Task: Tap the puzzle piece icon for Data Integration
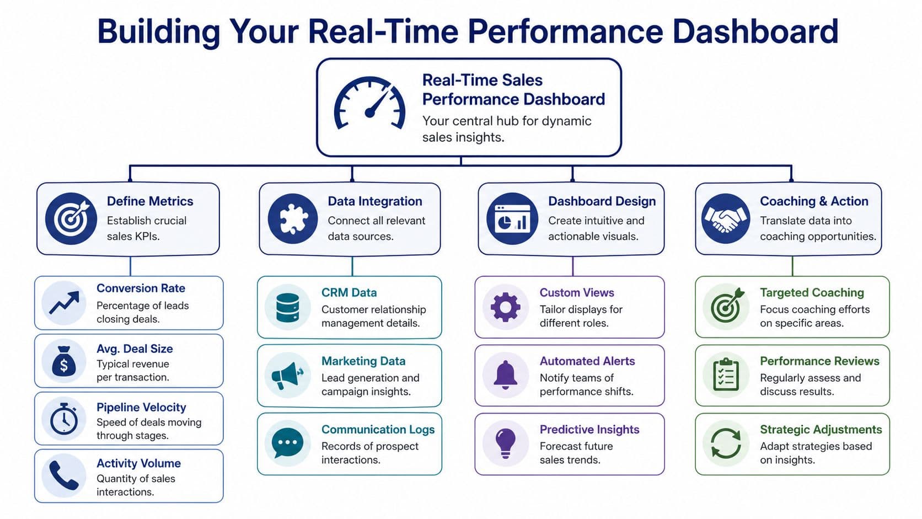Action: pyautogui.click(x=292, y=219)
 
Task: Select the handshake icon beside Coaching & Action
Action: pyautogui.click(x=725, y=219)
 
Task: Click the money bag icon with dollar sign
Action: pyautogui.click(x=64, y=362)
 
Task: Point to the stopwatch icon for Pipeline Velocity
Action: pyautogui.click(x=64, y=420)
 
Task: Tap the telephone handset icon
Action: pyautogui.click(x=64, y=476)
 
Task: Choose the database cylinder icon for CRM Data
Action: pyautogui.click(x=287, y=307)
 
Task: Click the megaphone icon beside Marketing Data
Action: pyautogui.click(x=287, y=376)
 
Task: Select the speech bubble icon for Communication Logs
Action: pyautogui.click(x=287, y=443)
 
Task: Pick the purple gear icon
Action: pyautogui.click(x=505, y=307)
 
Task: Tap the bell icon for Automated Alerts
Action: pyautogui.click(x=505, y=376)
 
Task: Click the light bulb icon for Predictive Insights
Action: pyautogui.click(x=505, y=442)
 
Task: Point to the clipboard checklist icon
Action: pyautogui.click(x=726, y=375)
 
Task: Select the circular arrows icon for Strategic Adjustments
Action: pyautogui.click(x=726, y=443)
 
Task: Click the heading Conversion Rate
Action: pyautogui.click(x=141, y=288)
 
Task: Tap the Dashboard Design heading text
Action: pyautogui.click(x=602, y=201)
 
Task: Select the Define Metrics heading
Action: pyautogui.click(x=150, y=201)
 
